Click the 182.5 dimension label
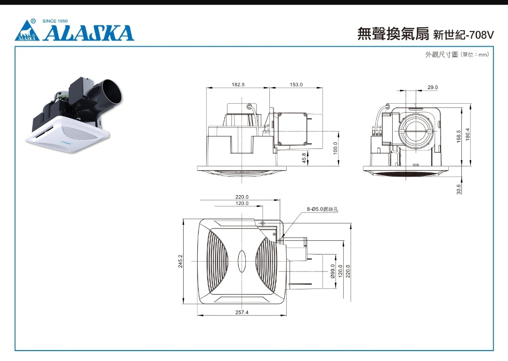click(238, 85)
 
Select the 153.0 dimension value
click(296, 85)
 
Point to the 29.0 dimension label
click(433, 88)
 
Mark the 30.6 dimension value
click(459, 189)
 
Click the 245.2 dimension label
click(180, 261)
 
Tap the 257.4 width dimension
click(242, 312)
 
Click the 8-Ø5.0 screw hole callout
click(323, 209)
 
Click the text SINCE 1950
click(55, 21)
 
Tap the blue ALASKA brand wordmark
click(89, 33)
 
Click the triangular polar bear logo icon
click(27, 31)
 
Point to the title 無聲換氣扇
click(393, 34)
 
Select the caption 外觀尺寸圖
click(442, 55)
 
